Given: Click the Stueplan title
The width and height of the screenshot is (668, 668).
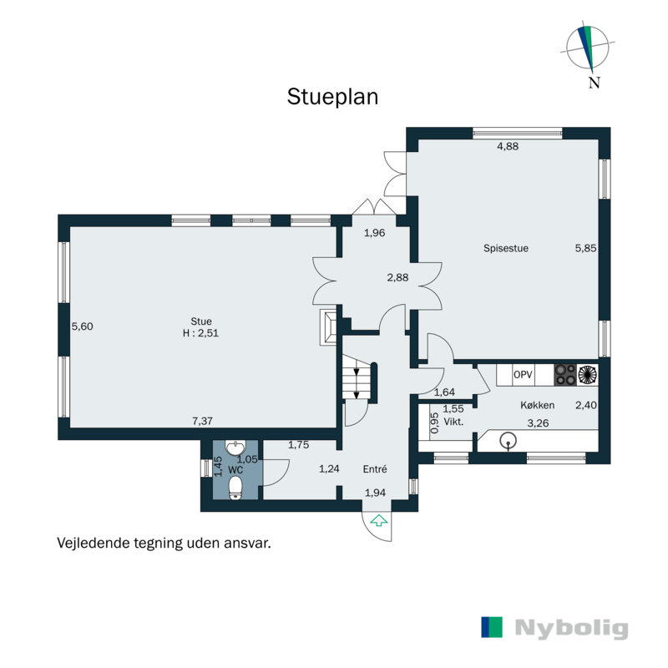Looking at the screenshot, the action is click(x=332, y=97).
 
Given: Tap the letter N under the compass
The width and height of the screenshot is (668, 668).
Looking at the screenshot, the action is click(x=595, y=82).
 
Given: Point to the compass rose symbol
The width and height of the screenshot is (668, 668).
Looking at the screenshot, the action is click(x=588, y=47).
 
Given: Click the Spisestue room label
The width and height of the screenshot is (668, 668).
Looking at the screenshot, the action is click(x=506, y=248).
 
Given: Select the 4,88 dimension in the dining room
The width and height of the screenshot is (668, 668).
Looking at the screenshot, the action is click(x=508, y=146).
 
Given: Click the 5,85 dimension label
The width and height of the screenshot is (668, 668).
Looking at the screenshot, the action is click(x=585, y=248).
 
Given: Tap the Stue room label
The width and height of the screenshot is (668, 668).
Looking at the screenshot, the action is click(x=201, y=321).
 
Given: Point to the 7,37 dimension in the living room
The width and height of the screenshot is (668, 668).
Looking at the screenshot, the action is click(x=202, y=421).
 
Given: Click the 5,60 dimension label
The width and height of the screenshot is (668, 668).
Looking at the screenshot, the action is click(x=82, y=326).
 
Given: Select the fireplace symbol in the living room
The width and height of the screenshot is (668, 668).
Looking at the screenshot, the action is click(x=328, y=326).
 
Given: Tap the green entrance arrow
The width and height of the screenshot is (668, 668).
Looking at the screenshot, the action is click(x=378, y=520).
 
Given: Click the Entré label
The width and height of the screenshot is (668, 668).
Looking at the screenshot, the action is click(x=375, y=469).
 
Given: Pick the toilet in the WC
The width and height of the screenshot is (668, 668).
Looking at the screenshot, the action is click(x=235, y=488).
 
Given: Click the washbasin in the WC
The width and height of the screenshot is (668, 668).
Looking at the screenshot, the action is click(x=235, y=448).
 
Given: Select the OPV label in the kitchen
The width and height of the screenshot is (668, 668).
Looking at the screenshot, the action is click(x=523, y=374).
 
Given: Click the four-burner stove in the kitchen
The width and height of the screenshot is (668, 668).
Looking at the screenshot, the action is click(x=565, y=375).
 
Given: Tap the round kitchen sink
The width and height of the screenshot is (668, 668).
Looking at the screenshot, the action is click(x=508, y=441).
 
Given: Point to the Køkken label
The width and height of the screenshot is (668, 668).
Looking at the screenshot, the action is click(x=537, y=405).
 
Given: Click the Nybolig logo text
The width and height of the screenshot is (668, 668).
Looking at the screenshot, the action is click(x=571, y=629).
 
